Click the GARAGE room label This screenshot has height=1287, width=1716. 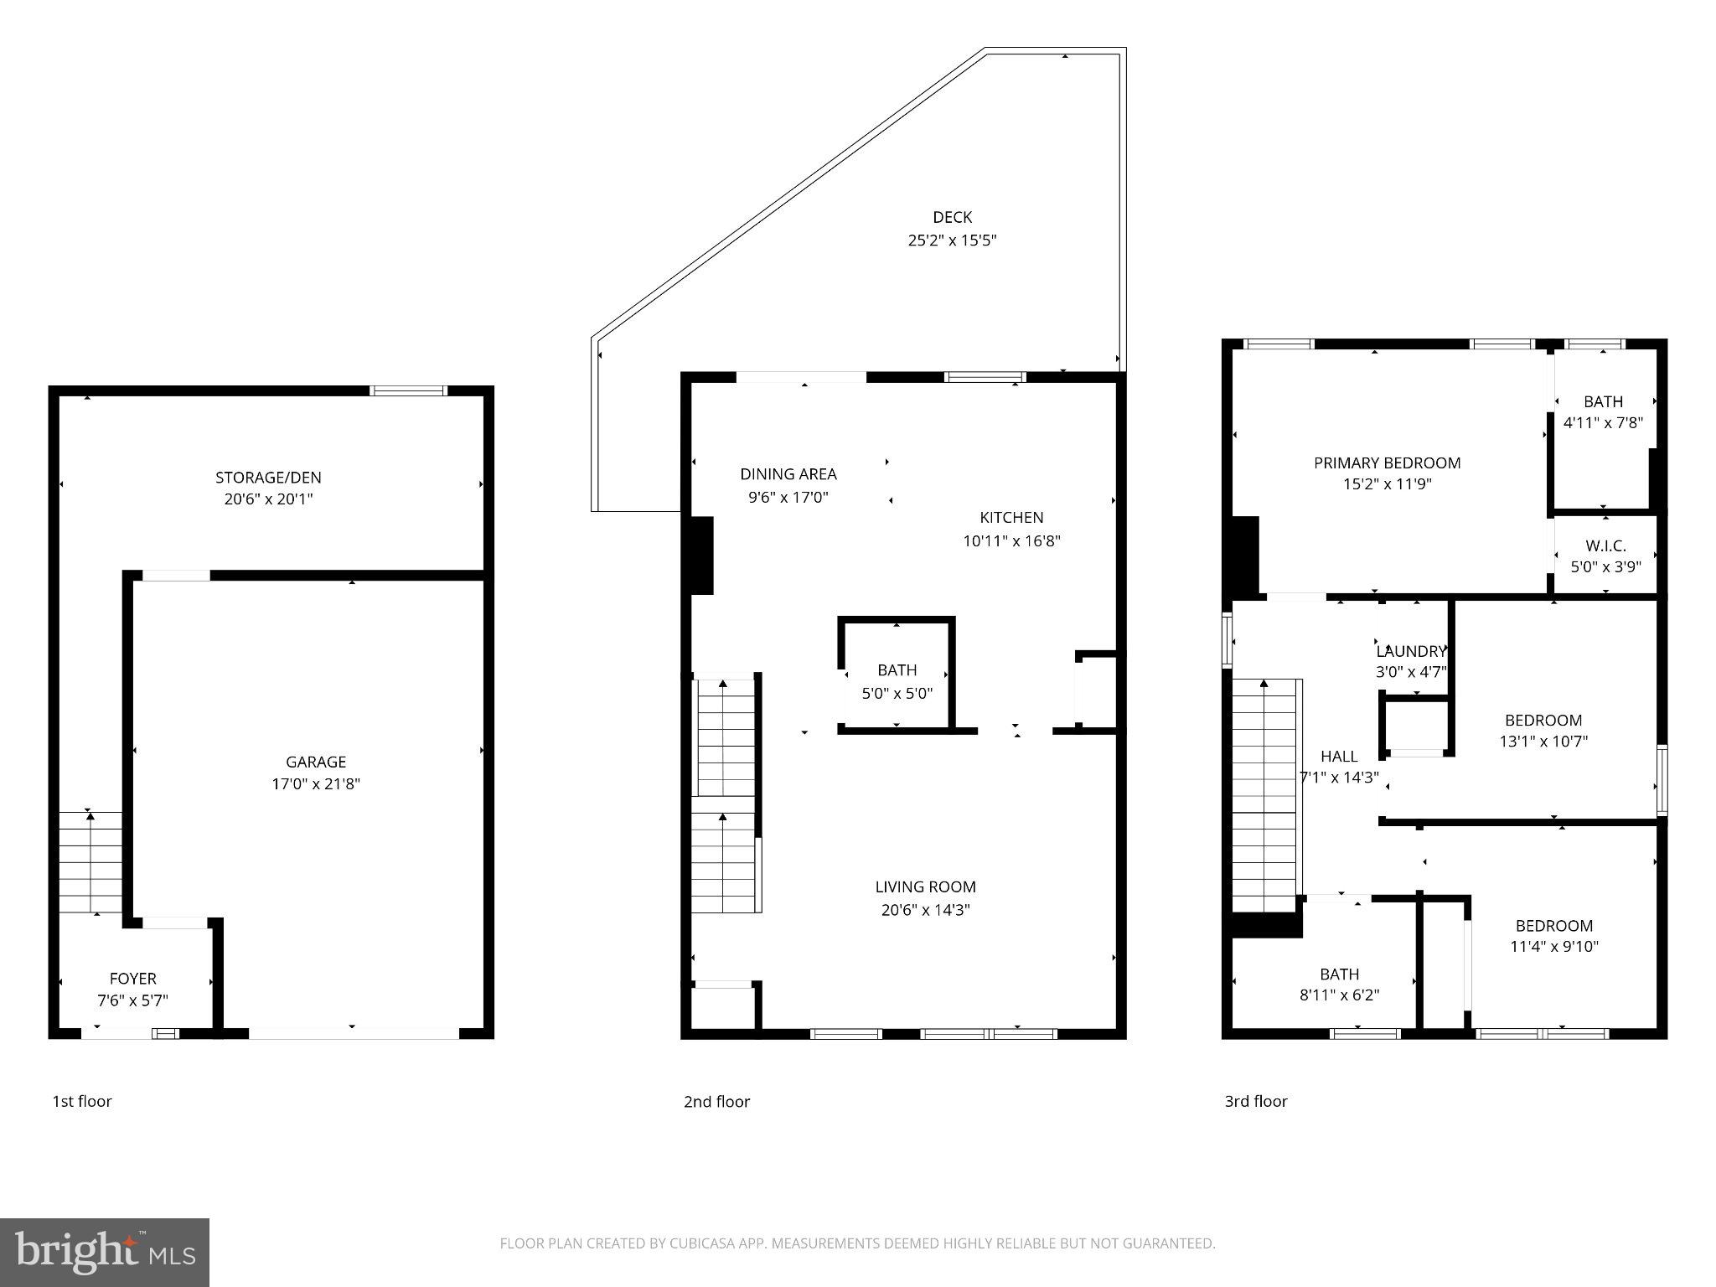pos(316,762)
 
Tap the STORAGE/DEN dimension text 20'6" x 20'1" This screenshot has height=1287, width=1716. pos(268,499)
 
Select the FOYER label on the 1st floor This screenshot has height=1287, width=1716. pos(132,979)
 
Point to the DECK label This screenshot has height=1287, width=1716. pos(952,218)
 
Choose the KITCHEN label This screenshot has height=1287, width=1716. pos(1011,518)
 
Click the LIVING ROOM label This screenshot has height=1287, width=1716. pos(925,886)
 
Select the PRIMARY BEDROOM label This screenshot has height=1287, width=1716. pos(1387,463)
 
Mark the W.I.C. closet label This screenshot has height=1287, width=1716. pos(1605,545)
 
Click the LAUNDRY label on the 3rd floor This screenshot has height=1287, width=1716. pos(1411,651)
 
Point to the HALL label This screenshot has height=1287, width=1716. pos(1338,756)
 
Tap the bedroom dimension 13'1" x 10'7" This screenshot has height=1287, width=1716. pos(1543,742)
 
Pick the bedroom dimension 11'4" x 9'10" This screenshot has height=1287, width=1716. pos(1553,947)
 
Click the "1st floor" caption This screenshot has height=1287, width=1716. pos(82,1101)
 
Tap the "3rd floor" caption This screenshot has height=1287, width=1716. pos(1255,1101)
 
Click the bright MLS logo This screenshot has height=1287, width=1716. pos(105,1252)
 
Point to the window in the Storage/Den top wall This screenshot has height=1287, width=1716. pos(409,390)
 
